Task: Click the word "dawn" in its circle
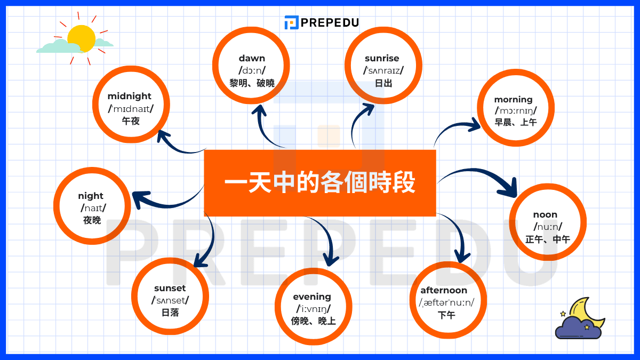coord(252,58)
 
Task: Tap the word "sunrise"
coord(382,58)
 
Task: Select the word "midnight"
coord(130,96)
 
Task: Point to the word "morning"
coord(513,99)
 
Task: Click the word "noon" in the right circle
coord(545,214)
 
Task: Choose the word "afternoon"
coord(444,290)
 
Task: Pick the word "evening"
coord(312,297)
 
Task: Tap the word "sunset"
coord(170,289)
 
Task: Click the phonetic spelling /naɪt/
coord(93,208)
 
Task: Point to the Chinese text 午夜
coord(131,121)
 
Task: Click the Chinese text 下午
coord(446,315)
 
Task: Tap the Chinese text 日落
coord(170,313)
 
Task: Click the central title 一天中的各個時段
coord(319,183)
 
